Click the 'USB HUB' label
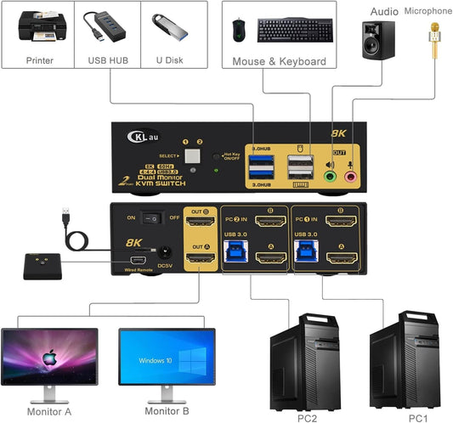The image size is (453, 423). pos(107,61)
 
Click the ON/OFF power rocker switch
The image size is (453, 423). pos(155,217)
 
